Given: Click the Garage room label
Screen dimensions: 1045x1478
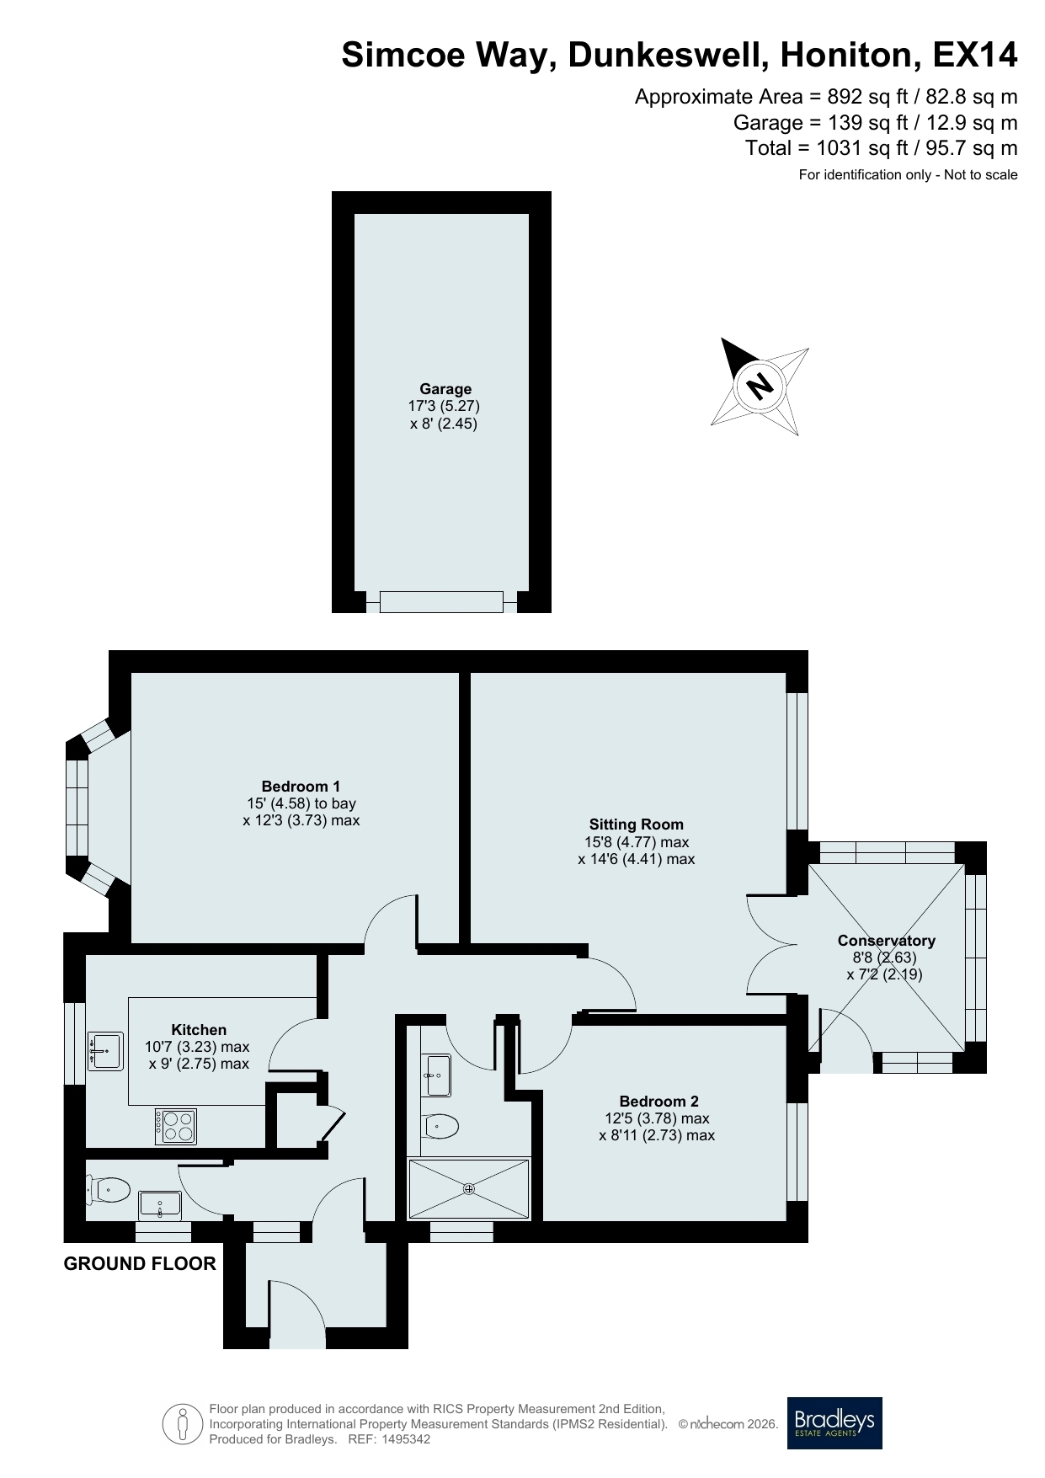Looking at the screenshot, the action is [x=445, y=389].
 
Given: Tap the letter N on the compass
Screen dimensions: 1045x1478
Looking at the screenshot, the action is [x=760, y=386].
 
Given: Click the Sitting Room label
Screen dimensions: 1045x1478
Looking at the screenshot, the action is [x=637, y=824].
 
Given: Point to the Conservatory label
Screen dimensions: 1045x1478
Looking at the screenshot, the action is [x=886, y=941].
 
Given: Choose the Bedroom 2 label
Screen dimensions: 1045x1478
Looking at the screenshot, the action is [x=658, y=1101].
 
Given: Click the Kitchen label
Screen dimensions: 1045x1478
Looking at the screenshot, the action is [x=199, y=1029].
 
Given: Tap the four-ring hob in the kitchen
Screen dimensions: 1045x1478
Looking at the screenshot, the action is [x=176, y=1126].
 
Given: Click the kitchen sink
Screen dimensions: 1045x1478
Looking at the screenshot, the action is [x=105, y=1051].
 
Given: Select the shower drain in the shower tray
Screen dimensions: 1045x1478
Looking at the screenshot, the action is [x=469, y=1188].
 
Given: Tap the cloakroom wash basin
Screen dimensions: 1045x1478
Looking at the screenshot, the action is [x=160, y=1204].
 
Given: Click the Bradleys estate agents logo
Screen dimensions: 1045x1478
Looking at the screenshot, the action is [x=834, y=1423].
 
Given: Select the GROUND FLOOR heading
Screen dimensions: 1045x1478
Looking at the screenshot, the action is [x=140, y=1263].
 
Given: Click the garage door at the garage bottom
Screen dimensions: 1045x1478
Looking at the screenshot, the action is [x=441, y=601].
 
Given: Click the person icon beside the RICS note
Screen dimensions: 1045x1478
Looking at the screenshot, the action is [x=183, y=1424].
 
